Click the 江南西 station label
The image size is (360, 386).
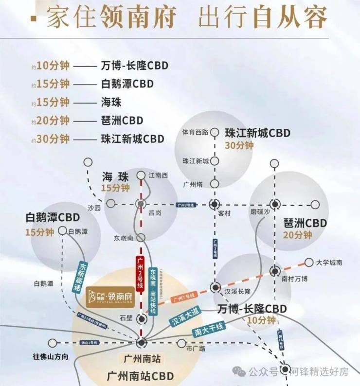[158, 175]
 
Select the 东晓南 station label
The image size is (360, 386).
[123, 238]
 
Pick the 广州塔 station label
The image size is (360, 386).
[192, 184]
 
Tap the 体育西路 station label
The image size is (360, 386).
[195, 132]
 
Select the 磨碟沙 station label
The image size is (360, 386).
[259, 213]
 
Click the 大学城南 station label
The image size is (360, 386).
[329, 263]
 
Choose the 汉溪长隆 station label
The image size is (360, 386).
[237, 291]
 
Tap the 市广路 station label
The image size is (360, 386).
[196, 348]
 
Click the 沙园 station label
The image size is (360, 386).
[94, 207]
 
